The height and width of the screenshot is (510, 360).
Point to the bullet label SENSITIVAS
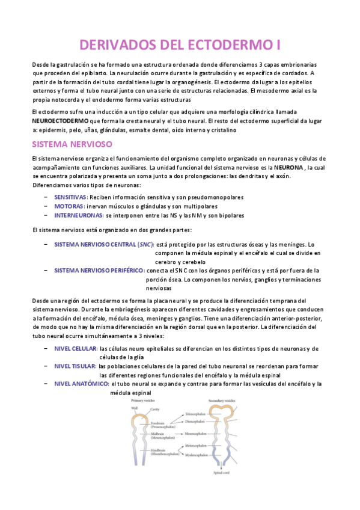[70, 197]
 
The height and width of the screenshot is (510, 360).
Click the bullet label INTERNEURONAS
[78, 215]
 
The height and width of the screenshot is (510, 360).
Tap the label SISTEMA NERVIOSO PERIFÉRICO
[99, 271]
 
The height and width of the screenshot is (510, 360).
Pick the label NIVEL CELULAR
[75, 349]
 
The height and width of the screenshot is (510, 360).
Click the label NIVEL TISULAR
[75, 366]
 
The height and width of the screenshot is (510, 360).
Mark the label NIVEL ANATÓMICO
[80, 384]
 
